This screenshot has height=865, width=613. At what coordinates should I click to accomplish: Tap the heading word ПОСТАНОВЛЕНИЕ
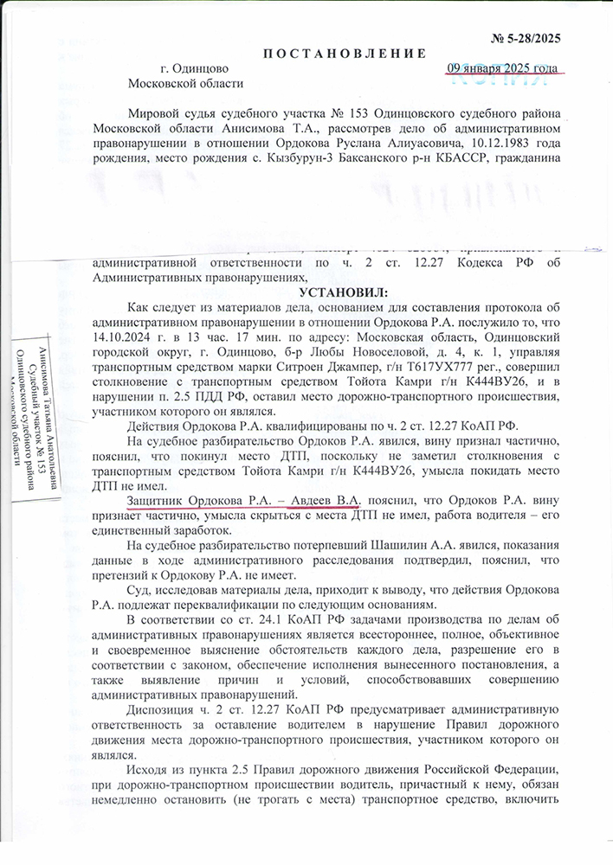point(345,53)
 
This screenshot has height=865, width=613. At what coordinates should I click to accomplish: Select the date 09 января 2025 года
point(502,68)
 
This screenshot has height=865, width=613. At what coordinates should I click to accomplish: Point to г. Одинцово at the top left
point(194,68)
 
